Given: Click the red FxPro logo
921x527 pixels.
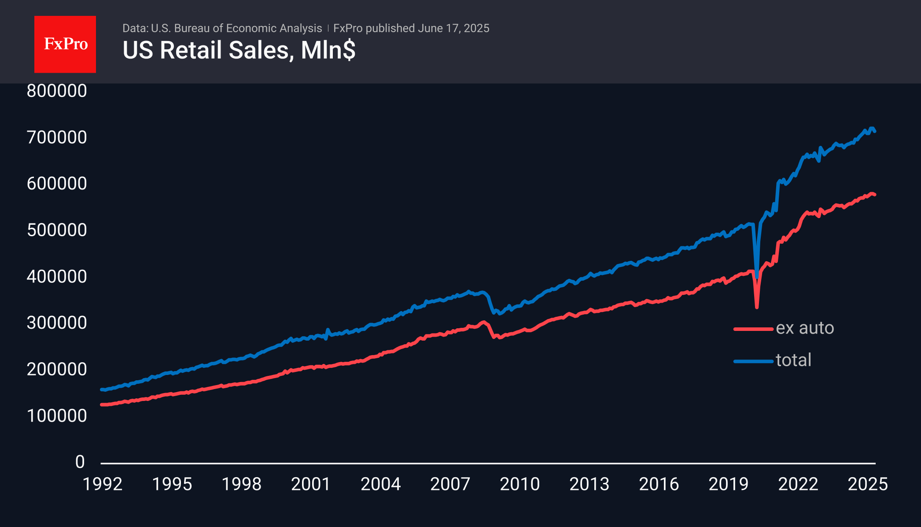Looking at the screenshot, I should pos(65,44).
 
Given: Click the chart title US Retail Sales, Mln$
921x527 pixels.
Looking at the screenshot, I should pos(239,50).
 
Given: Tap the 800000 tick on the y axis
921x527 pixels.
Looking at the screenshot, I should pos(57,91).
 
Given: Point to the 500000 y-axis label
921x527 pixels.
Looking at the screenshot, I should pos(57,230).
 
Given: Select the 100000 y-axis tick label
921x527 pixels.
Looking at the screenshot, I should pos(57,416).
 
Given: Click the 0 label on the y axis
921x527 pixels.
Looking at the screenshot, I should pos(80,462).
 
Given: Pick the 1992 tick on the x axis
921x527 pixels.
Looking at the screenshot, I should pos(103,484).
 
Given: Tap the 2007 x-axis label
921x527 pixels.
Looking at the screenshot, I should pos(450,484).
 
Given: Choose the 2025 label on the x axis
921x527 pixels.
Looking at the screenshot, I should pos(868,484).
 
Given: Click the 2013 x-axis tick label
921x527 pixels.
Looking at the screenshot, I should pos(589,484).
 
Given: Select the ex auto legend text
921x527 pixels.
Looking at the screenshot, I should pos(805,328).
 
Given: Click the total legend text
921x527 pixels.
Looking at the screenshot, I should pos(793,360).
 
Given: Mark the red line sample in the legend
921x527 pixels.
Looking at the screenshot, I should pos(753,329).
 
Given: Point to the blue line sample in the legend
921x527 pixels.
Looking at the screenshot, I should pos(753,361).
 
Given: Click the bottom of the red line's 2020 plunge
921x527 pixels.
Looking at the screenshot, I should pos(757,307).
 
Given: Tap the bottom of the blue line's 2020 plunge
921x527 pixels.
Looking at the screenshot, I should pos(757,278).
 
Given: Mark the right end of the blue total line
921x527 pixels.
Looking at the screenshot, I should pos(875,131).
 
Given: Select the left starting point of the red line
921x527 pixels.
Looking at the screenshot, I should pos(102,405).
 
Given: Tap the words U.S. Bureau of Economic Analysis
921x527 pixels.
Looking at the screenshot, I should pos(236,28).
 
